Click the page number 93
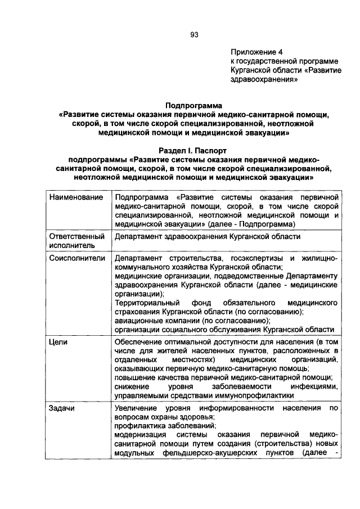coord(195,34)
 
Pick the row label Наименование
coord(76,198)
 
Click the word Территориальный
coord(148,303)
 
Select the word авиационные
coord(139,321)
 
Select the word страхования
coord(138,312)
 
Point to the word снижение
coord(131,386)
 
